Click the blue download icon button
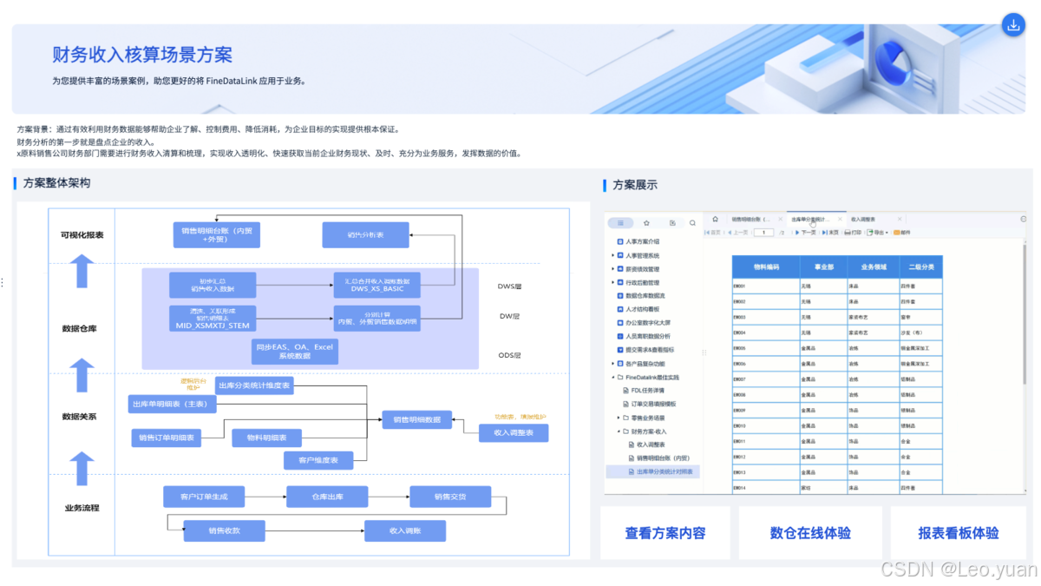point(1012,25)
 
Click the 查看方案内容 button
point(665,533)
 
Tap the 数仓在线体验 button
point(810,533)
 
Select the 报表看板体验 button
point(959,533)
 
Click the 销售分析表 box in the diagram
point(365,235)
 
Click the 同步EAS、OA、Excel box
point(294,351)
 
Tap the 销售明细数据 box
point(416,419)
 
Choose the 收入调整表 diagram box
point(514,432)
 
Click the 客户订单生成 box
point(204,497)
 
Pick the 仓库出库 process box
point(328,497)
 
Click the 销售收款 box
point(224,530)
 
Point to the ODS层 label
point(510,355)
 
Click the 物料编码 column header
point(766,267)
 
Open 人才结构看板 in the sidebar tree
point(643,308)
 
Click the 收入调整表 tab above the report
point(862,220)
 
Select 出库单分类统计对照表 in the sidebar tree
point(665,471)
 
